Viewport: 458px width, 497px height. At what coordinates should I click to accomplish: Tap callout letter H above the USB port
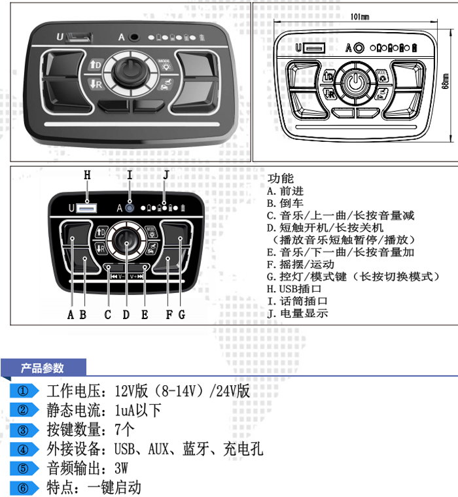(x=87, y=175)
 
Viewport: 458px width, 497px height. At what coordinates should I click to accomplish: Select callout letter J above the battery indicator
(x=166, y=175)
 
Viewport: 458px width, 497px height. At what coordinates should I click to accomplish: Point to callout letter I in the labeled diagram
(x=130, y=175)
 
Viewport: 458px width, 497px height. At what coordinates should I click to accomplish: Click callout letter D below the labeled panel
(x=126, y=315)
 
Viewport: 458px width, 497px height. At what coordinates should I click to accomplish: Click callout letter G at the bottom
(x=181, y=315)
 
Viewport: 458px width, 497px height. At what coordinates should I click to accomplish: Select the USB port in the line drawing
(x=314, y=48)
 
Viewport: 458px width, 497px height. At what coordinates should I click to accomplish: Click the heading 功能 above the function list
(x=281, y=179)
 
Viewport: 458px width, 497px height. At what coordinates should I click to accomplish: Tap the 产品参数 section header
(x=43, y=369)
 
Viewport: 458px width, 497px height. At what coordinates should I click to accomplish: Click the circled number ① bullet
(x=24, y=392)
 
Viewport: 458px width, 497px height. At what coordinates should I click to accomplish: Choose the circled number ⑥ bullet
(x=24, y=487)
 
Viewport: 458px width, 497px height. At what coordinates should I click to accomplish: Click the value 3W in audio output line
(x=121, y=468)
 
